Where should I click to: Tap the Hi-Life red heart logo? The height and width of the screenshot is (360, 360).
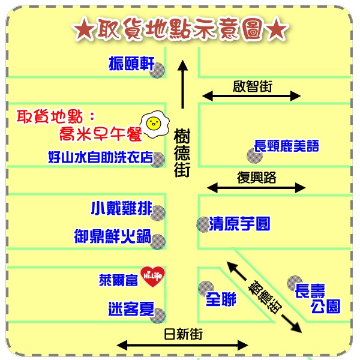click(x=152, y=276)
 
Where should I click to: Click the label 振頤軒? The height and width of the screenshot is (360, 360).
click(x=131, y=64)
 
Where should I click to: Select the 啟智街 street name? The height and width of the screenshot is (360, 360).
click(x=253, y=86)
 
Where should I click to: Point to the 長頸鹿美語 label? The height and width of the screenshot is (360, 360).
click(x=287, y=146)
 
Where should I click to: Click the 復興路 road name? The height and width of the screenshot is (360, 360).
click(x=256, y=178)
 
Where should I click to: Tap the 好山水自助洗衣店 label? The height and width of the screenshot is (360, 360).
click(x=101, y=157)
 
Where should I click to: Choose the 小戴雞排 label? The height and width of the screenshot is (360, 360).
click(x=122, y=208)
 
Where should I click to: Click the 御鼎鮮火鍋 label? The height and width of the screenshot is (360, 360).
click(x=113, y=236)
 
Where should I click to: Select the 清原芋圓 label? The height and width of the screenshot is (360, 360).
click(x=239, y=223)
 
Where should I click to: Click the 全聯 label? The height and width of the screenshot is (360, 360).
click(x=221, y=299)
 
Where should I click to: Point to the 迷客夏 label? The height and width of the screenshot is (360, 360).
click(x=131, y=309)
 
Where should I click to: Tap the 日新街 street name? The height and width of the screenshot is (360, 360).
click(x=183, y=334)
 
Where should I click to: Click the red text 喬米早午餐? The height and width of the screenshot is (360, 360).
click(x=101, y=134)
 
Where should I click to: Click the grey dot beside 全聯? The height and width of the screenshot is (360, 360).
click(x=206, y=289)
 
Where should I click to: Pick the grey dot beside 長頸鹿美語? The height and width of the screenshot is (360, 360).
click(x=254, y=156)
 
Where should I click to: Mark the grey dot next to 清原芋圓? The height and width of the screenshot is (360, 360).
click(x=203, y=224)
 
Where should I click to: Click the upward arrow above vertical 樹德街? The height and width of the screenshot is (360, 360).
click(x=183, y=84)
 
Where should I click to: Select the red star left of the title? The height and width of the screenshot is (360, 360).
click(x=83, y=29)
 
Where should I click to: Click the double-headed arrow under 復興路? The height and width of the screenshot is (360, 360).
click(x=256, y=188)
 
